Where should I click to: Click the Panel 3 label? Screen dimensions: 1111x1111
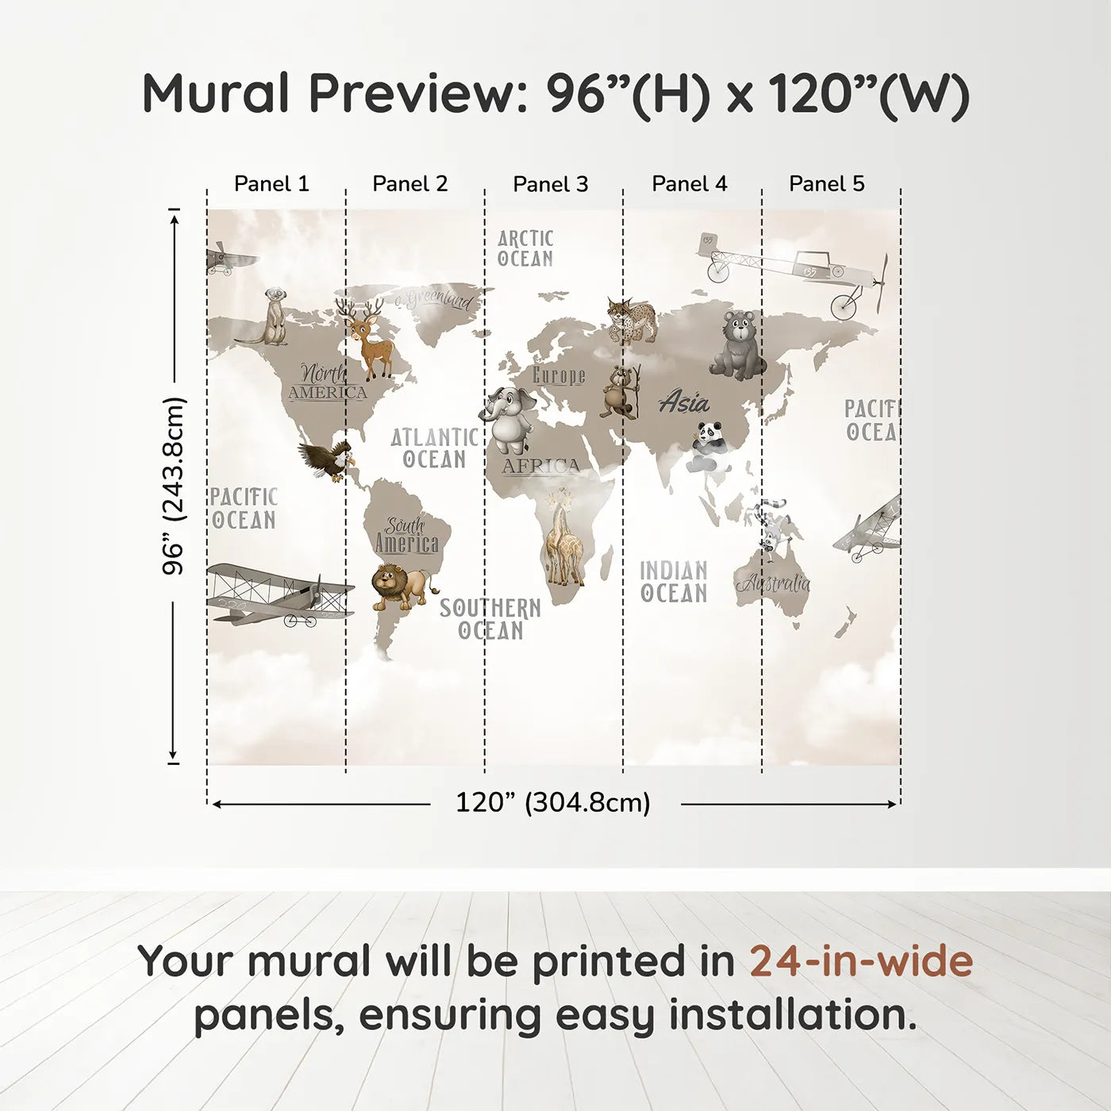[x=551, y=184]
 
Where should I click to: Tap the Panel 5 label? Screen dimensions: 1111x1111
[x=826, y=183]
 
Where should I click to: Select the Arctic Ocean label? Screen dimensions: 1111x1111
[x=525, y=248]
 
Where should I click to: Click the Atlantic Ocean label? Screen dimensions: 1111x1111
[x=434, y=448]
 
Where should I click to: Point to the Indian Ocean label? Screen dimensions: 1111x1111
[x=674, y=582]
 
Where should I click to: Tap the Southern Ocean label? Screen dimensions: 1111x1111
[x=490, y=619]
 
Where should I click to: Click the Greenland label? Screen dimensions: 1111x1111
[x=435, y=299]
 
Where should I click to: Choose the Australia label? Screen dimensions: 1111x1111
[x=774, y=584]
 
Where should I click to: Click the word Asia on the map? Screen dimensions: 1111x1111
[x=684, y=402]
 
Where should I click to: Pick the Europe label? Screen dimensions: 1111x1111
[x=559, y=375]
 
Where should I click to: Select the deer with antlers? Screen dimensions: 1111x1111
[x=367, y=337]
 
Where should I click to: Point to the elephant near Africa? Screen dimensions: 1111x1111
[x=509, y=419]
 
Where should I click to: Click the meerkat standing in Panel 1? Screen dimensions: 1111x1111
[x=271, y=317]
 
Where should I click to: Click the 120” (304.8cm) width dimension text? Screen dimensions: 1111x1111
[x=553, y=802]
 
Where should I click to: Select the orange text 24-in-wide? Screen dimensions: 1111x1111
[x=861, y=961]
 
